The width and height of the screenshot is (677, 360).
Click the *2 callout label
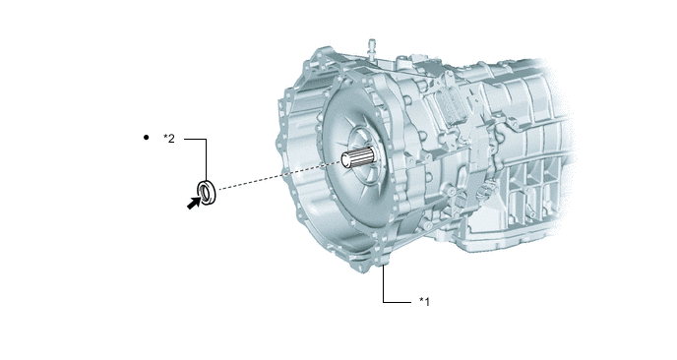click(169, 138)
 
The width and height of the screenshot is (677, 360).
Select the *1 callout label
click(425, 301)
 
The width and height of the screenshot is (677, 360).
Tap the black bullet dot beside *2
click(146, 138)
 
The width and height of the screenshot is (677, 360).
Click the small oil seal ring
click(207, 192)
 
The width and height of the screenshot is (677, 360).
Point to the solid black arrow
click(194, 203)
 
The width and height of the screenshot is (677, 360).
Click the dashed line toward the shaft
click(279, 175)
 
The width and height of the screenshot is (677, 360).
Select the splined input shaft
click(358, 157)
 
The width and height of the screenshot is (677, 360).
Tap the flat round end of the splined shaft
click(346, 160)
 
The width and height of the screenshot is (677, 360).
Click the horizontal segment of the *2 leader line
click(195, 139)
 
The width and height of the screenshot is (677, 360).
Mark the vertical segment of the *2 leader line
click(206, 158)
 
